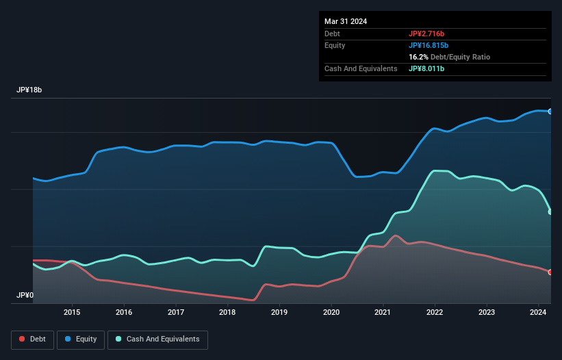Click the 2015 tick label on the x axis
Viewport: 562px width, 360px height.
72,312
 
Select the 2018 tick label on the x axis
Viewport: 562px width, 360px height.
227,312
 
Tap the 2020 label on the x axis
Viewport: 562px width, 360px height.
331,312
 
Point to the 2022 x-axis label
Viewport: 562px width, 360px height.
435,312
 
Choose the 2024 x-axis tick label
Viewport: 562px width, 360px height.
538,312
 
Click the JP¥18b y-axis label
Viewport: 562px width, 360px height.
31,90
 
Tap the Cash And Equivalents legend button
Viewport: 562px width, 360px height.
157,339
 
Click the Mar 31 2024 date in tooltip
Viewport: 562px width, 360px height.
346,21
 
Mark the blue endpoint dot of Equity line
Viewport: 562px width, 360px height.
550,111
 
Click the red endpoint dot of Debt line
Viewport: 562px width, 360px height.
550,272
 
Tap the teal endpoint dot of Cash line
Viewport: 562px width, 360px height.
550,212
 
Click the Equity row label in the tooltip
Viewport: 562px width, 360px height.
335,45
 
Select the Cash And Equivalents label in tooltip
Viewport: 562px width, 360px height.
361,68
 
